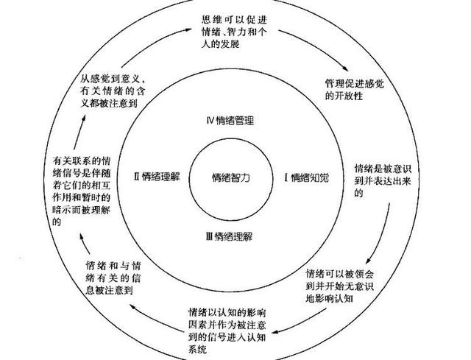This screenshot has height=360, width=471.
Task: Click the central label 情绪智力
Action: tap(230, 178)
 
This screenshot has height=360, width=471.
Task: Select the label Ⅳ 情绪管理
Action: tap(230, 121)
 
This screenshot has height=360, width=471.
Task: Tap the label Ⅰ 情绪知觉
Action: tap(306, 178)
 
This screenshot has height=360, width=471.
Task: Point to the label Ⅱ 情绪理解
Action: tap(156, 176)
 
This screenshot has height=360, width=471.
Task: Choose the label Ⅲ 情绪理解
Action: tap(229, 237)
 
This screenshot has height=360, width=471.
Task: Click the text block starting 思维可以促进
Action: tap(234, 32)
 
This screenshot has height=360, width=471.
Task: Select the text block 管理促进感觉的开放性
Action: tap(355, 90)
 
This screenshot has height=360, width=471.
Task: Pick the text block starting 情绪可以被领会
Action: tap(340, 286)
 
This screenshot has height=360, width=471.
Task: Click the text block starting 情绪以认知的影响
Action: tap(227, 331)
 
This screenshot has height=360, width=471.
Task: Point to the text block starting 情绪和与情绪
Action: tap(113, 278)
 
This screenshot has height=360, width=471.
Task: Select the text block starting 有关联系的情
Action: tap(82, 191)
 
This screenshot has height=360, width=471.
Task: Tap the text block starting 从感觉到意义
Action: tap(113, 91)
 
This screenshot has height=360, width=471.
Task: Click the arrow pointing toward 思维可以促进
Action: tap(153, 45)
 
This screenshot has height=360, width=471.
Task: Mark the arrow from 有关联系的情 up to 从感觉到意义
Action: tap(79, 132)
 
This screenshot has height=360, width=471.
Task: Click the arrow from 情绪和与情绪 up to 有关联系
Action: tap(85, 247)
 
